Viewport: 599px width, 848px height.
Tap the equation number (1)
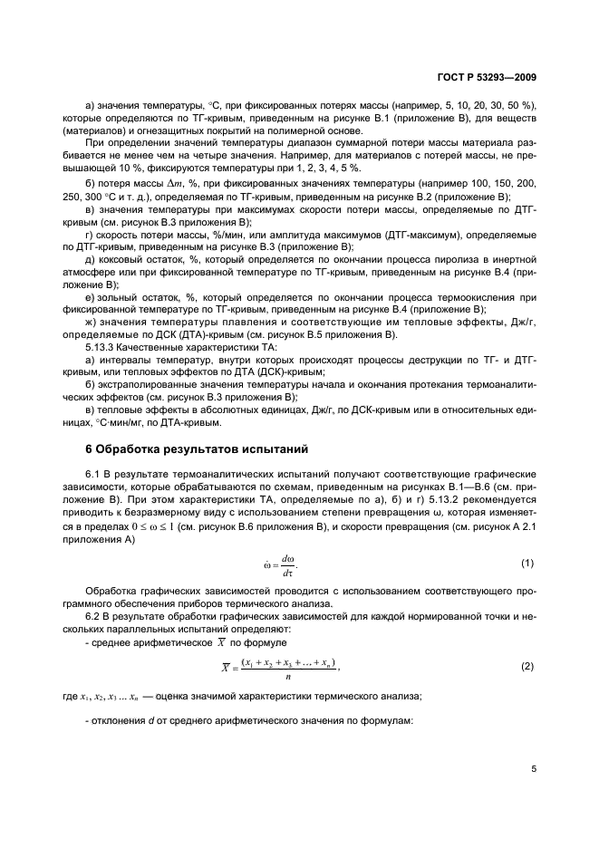pos(527,564)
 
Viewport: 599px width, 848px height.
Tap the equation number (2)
pos(527,667)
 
